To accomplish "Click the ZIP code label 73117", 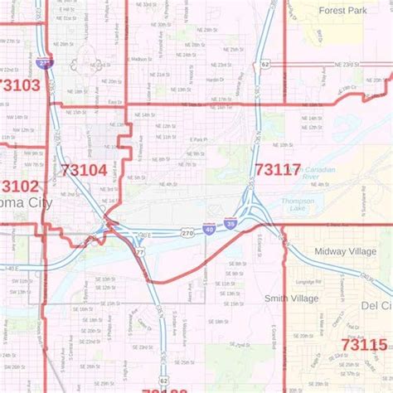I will point(278,170).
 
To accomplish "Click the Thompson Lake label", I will point(297,205).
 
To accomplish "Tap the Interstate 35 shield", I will point(228,223).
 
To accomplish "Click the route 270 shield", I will point(189,235).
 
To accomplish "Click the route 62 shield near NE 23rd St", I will point(264,63).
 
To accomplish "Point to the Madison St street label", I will point(141,59).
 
